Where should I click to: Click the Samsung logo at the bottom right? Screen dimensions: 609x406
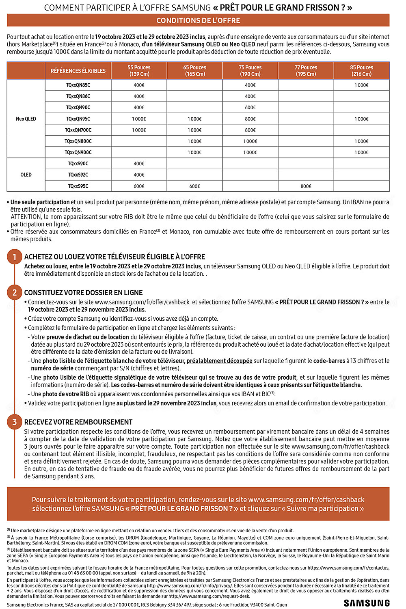(367, 603)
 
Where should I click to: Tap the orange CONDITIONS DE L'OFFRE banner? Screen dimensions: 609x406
(198, 20)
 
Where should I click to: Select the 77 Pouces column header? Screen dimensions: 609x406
(306, 71)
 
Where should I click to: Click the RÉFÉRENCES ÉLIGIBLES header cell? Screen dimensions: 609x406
(78, 71)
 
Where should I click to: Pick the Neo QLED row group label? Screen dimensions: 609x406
(26, 119)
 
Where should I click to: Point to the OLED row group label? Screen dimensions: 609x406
(26, 175)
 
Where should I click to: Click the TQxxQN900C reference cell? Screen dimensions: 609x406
(78, 152)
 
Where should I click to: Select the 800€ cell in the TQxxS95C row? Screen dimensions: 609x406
(306, 186)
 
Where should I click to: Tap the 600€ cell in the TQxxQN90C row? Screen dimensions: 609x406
(250, 108)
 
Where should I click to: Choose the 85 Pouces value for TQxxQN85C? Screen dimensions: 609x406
(361, 85)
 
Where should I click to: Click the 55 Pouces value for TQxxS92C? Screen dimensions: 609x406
(139, 175)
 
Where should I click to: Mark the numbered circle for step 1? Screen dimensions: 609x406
(15, 257)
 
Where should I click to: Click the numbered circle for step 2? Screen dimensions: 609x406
(15, 292)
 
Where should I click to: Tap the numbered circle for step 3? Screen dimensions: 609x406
(15, 422)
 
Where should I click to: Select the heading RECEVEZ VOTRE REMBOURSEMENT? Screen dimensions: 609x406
(78, 422)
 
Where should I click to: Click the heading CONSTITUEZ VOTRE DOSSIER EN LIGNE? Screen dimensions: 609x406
(83, 293)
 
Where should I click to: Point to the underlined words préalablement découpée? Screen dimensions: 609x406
(219, 361)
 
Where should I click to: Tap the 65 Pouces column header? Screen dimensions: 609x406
(194, 71)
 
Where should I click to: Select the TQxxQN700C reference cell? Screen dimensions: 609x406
(78, 130)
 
